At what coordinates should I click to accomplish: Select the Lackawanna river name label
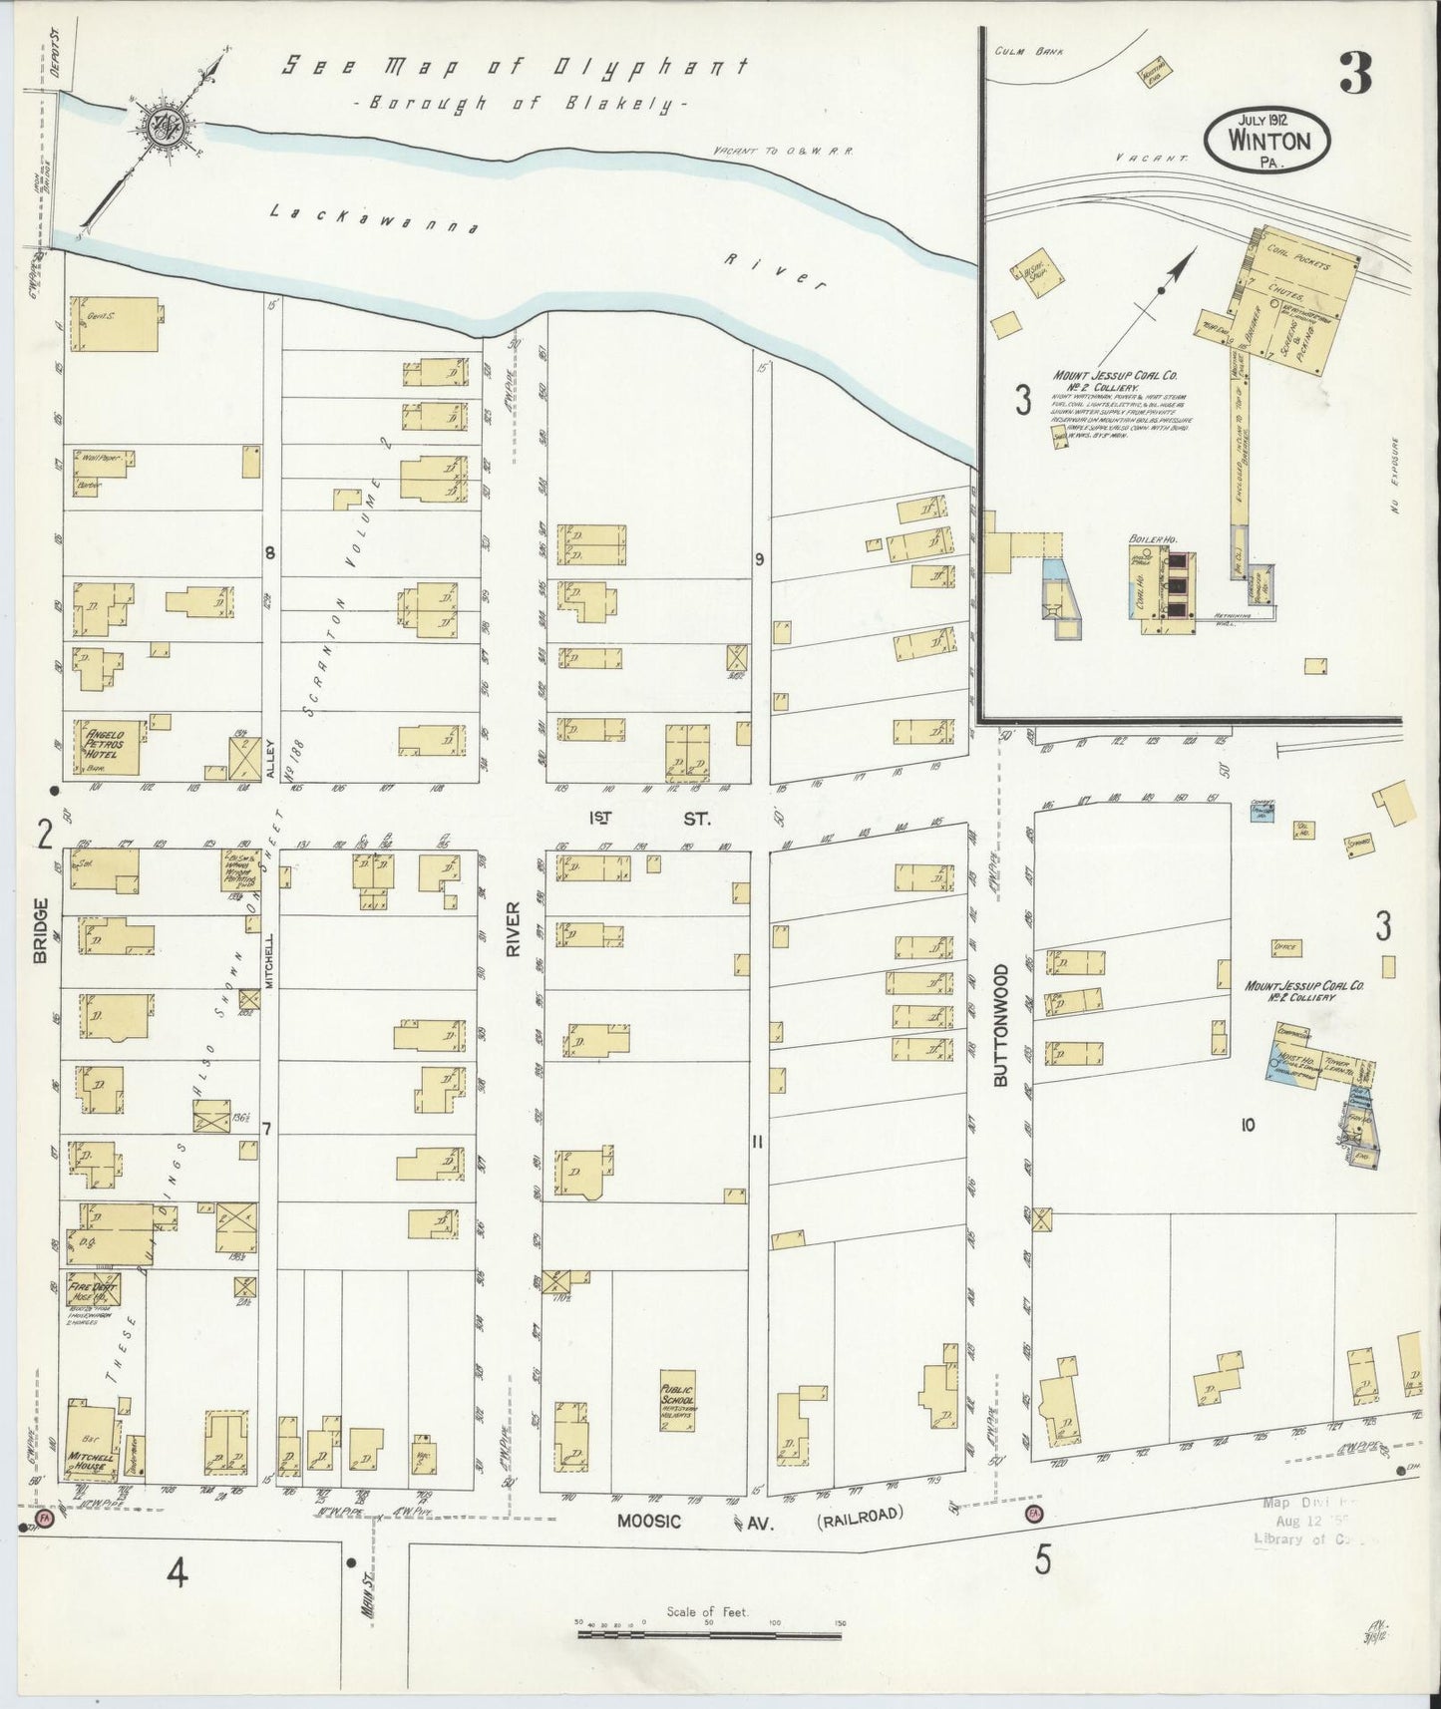375,219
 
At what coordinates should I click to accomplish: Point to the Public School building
677,1406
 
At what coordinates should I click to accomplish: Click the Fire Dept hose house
93,1288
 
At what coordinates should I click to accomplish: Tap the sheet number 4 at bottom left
178,1574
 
